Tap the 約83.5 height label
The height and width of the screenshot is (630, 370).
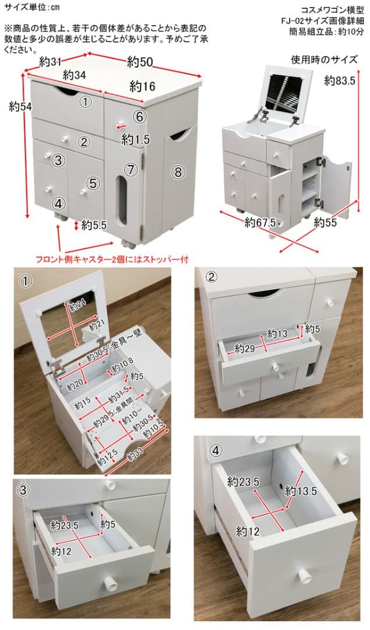(340, 80)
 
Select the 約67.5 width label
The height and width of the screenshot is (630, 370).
(260, 222)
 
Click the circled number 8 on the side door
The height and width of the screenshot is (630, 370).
(178, 171)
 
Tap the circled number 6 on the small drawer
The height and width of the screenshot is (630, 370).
(138, 117)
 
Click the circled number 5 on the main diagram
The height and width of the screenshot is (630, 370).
(93, 183)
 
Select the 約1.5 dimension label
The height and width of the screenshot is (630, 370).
(136, 139)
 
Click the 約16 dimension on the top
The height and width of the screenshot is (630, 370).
(142, 87)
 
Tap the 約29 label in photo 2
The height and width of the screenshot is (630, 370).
(246, 349)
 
